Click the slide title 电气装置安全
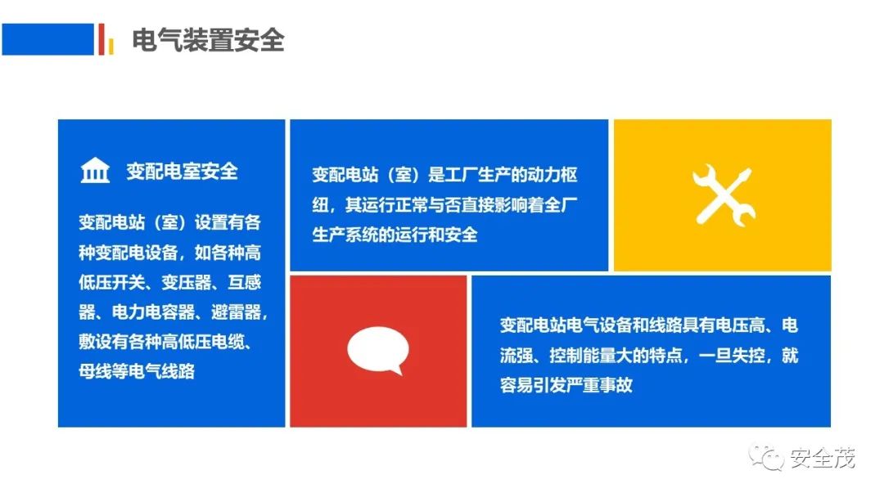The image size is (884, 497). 208,40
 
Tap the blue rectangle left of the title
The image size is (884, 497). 48,39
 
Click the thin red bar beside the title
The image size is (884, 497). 101,39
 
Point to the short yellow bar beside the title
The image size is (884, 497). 111,46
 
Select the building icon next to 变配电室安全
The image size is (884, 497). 95,170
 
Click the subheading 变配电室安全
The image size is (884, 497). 182,171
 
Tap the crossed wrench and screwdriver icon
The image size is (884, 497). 724,195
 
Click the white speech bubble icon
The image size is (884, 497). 377,350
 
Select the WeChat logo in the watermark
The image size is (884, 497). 765,458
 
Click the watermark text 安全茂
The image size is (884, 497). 822,458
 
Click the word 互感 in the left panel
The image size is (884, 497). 244,282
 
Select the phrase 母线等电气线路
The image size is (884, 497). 137,371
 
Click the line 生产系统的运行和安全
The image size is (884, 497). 395,235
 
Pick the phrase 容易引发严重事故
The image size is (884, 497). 566,385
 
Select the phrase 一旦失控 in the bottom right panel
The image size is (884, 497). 732,355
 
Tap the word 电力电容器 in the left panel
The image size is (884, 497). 153,311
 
